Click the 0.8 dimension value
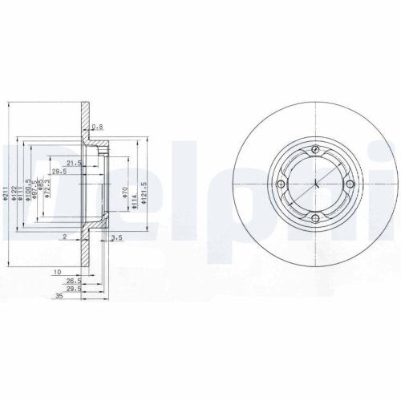tap(98, 128)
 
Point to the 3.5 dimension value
tap(116, 237)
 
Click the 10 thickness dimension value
tap(58, 273)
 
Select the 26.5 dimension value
tap(72, 281)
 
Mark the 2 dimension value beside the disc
tap(63, 237)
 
